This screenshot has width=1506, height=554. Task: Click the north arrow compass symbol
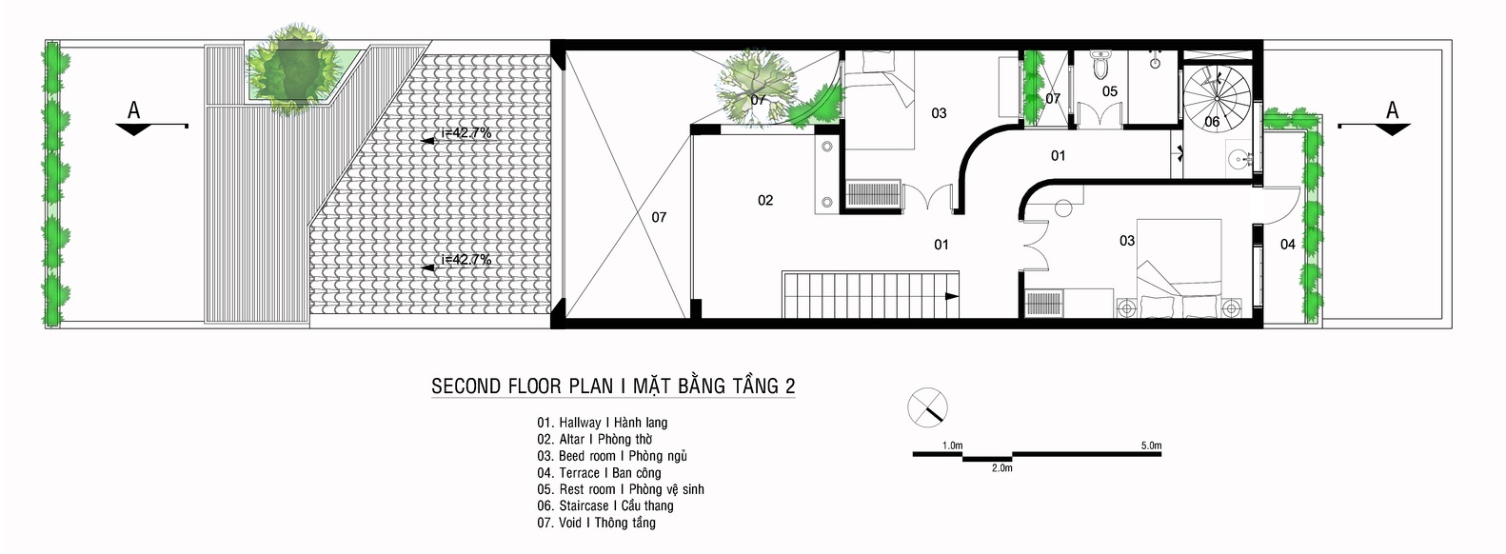tap(927, 407)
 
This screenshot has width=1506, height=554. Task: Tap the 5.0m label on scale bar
tap(1151, 445)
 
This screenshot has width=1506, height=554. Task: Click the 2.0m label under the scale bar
tap(1001, 468)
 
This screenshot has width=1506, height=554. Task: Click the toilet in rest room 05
tap(1101, 65)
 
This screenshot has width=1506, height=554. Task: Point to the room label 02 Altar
tap(765, 200)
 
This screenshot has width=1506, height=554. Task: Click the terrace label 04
tap(1287, 245)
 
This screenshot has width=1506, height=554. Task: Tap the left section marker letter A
tap(134, 111)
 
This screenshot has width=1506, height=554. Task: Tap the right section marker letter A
tap(1392, 110)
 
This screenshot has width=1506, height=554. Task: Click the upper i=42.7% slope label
tap(466, 133)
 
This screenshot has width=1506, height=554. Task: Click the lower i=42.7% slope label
tap(466, 259)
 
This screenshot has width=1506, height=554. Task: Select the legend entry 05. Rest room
tap(621, 489)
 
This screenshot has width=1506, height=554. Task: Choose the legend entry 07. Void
tap(596, 523)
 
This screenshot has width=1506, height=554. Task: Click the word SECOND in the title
tap(466, 386)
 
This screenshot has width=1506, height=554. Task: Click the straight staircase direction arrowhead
tap(951, 296)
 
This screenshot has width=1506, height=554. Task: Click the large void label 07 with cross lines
tap(659, 217)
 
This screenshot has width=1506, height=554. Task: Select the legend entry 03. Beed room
tap(612, 456)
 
